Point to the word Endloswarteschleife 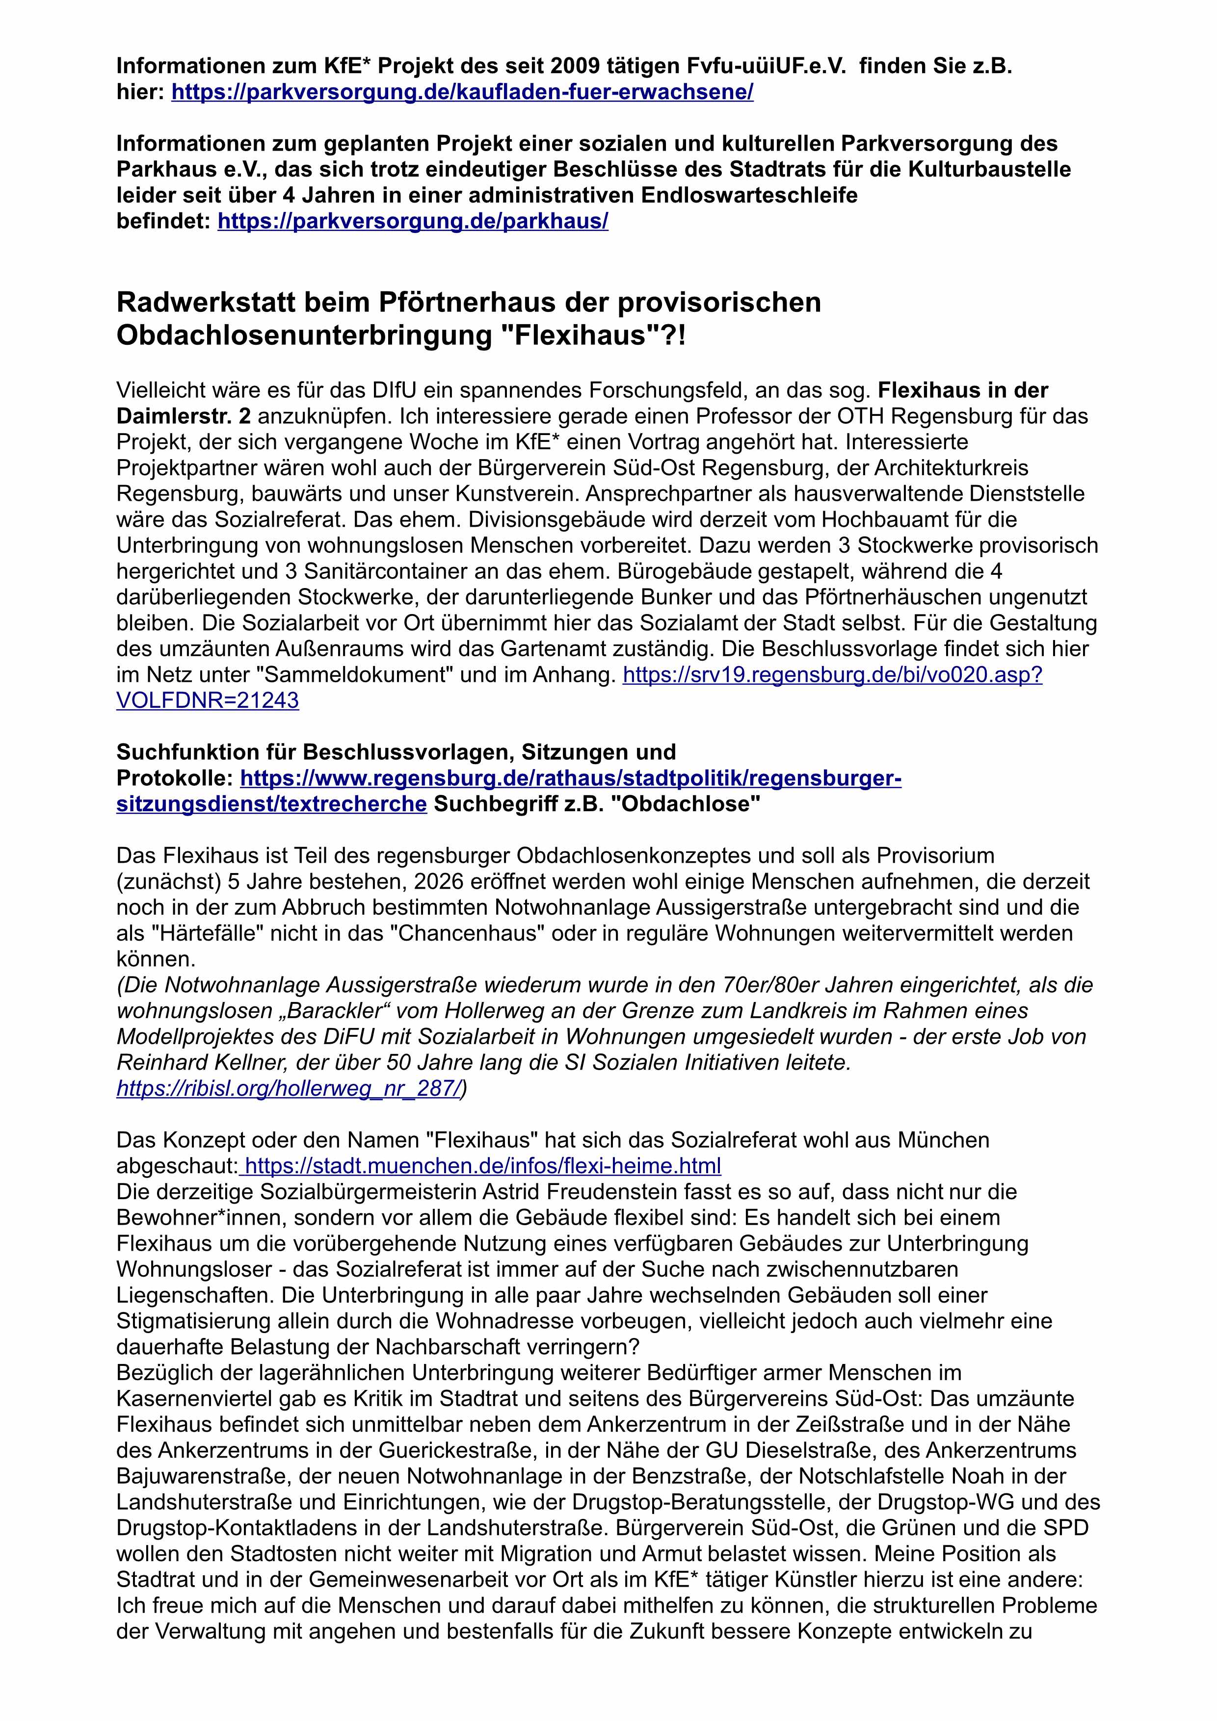coord(749,196)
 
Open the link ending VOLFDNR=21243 coord(208,700)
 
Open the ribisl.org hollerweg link coord(288,1088)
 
